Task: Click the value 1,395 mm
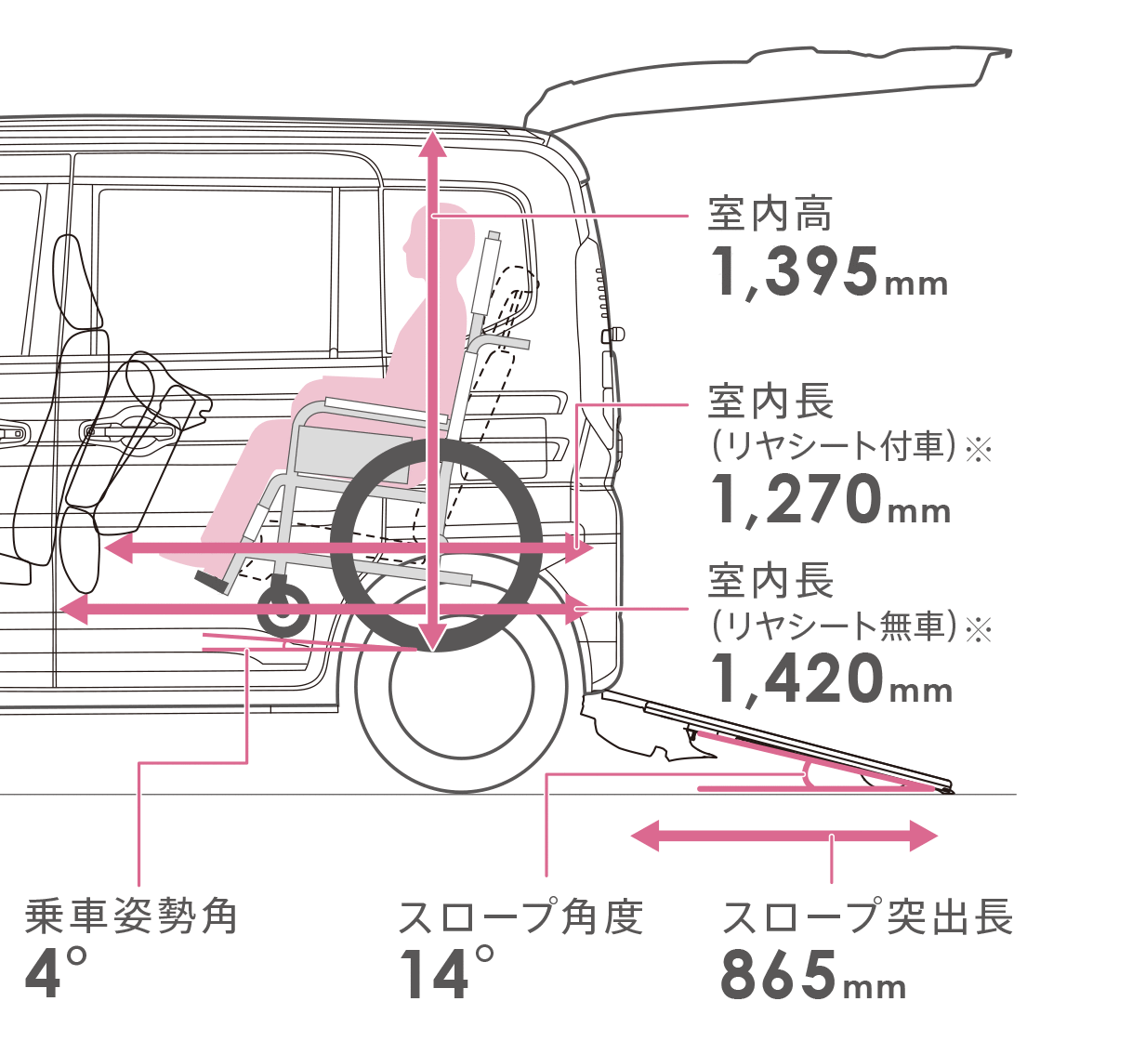pyautogui.click(x=828, y=272)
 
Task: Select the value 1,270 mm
pyautogui.click(x=830, y=501)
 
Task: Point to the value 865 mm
pyautogui.click(x=813, y=975)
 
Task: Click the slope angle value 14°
pyautogui.click(x=446, y=974)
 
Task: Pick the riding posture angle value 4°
pyautogui.click(x=57, y=975)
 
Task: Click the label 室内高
pyautogui.click(x=770, y=214)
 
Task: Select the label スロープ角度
pyautogui.click(x=520, y=916)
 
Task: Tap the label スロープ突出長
pyautogui.click(x=867, y=916)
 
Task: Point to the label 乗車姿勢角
pyautogui.click(x=131, y=916)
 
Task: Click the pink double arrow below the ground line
pyautogui.click(x=783, y=837)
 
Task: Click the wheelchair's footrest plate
pyautogui.click(x=211, y=582)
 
